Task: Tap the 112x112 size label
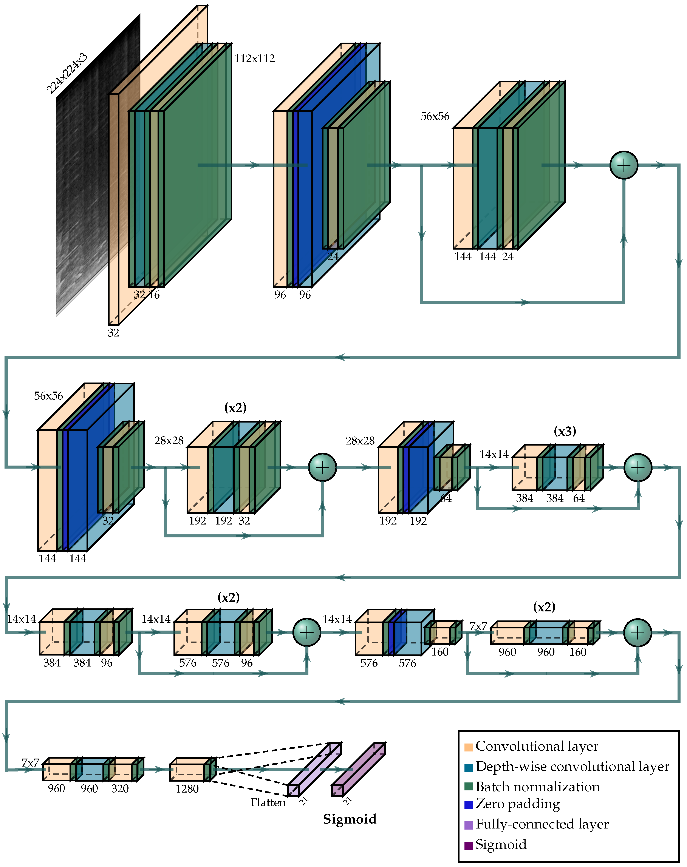click(255, 59)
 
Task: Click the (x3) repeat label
click(565, 431)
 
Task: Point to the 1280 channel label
click(187, 789)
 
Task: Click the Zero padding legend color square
click(468, 805)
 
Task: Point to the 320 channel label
click(120, 789)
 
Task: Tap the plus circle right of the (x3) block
click(637, 467)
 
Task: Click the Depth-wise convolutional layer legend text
click(572, 767)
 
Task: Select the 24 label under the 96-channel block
click(333, 256)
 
